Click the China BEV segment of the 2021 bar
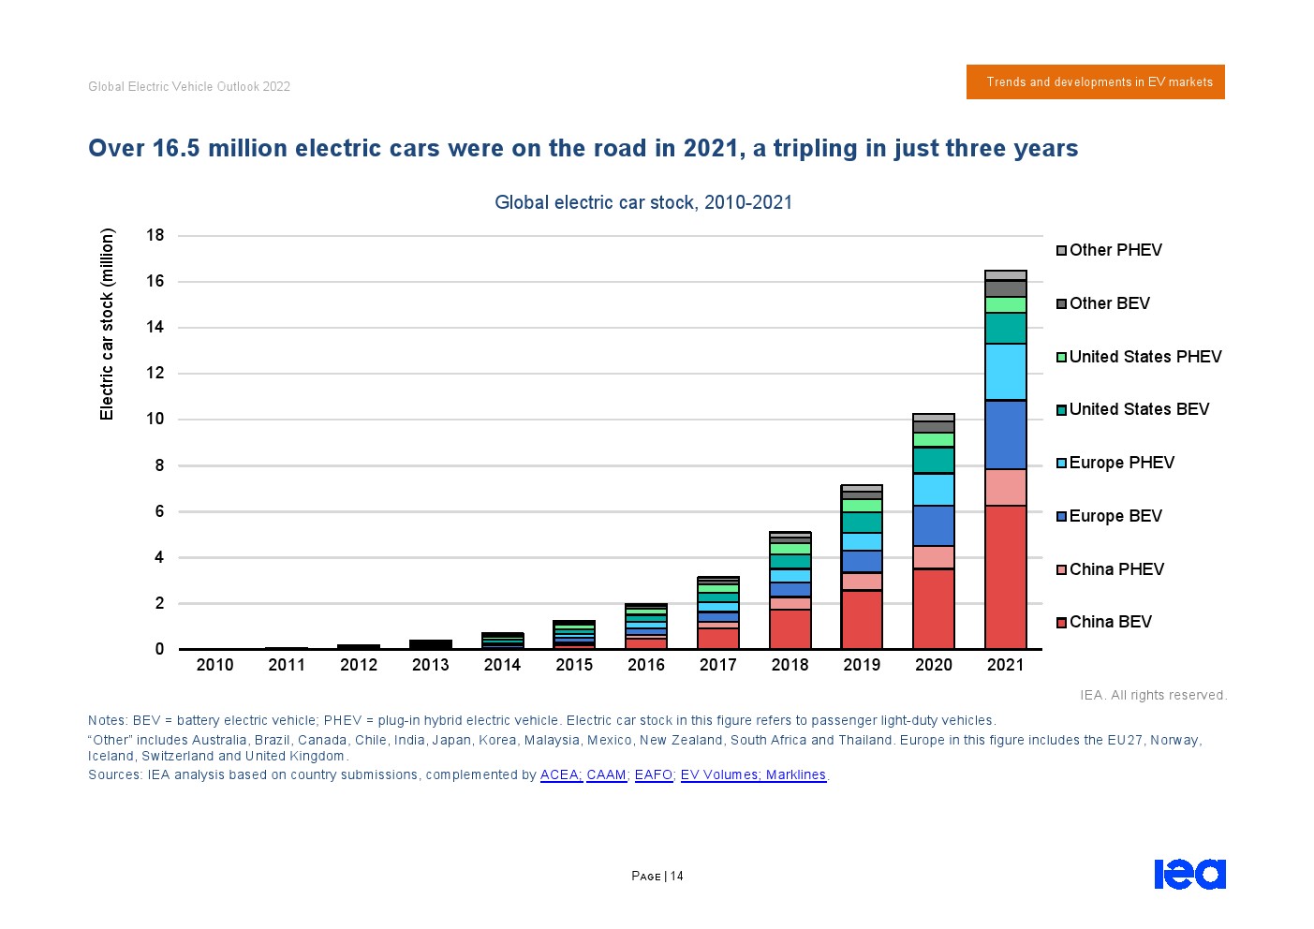1005,577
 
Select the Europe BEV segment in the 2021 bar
1005,435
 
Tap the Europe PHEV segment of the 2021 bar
1005,372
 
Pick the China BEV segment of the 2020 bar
933,609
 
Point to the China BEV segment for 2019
862,619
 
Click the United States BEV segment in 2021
1005,328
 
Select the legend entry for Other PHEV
1115,250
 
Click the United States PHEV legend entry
1144,357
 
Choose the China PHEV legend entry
1115,569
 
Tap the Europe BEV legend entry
1115,516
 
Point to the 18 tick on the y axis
155,235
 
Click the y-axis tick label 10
155,419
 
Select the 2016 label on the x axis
646,665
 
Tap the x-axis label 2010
214,665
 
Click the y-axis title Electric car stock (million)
107,324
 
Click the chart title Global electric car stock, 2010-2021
643,202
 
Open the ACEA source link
560,775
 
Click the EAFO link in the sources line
653,775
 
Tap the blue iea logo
1189,874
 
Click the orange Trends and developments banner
1095,82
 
